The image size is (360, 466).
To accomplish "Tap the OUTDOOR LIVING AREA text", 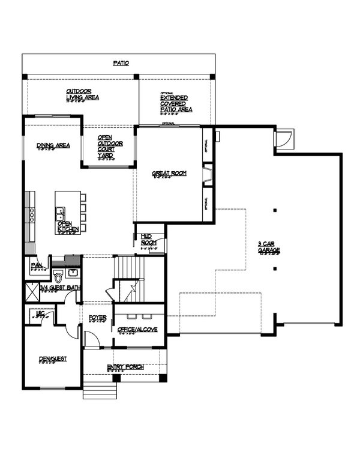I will pyautogui.click(x=82, y=94).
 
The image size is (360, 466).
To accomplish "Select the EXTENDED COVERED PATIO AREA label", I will pyautogui.click(x=176, y=103).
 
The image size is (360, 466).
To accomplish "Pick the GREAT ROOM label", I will pyautogui.click(x=169, y=174).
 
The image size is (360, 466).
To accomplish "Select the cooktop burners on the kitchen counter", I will pyautogui.click(x=29, y=214).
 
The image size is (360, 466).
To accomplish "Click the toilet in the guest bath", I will pyautogui.click(x=58, y=277).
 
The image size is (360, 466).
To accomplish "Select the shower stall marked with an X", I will pyautogui.click(x=31, y=294).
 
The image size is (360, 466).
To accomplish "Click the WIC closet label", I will pyautogui.click(x=40, y=313).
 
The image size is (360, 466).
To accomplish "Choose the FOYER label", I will pyautogui.click(x=97, y=318).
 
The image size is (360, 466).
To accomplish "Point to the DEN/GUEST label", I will pyautogui.click(x=53, y=359).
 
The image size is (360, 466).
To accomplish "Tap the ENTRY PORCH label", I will pyautogui.click(x=124, y=367).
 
